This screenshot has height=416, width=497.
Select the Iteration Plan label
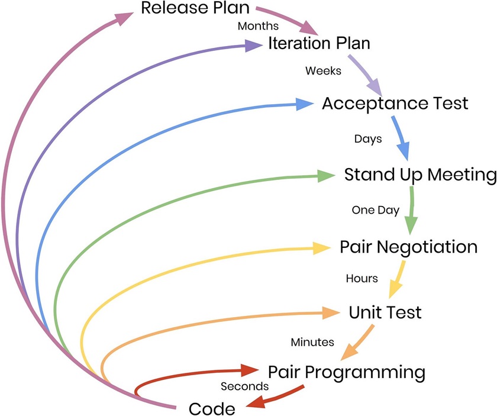click(x=319, y=43)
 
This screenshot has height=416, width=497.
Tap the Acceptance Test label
click(x=395, y=104)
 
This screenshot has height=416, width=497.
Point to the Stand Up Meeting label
click(x=420, y=175)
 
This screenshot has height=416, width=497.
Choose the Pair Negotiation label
click(x=408, y=247)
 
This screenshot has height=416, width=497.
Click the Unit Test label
click(x=385, y=312)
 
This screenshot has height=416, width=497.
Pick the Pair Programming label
click(x=347, y=372)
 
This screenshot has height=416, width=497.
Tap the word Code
click(x=212, y=408)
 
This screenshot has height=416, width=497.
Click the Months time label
click(x=258, y=26)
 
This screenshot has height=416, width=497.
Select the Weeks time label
click(x=323, y=71)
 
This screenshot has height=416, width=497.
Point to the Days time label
click(x=368, y=140)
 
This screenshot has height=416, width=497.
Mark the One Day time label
click(x=376, y=209)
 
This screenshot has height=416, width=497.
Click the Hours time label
click(x=362, y=278)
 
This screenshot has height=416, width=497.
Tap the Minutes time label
click(x=312, y=342)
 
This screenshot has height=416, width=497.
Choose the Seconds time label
click(x=245, y=386)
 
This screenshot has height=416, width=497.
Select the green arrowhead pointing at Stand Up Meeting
click(x=326, y=176)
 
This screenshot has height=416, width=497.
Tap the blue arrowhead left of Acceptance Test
click(x=304, y=105)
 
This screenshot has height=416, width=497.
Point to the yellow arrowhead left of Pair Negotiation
click(x=321, y=247)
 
